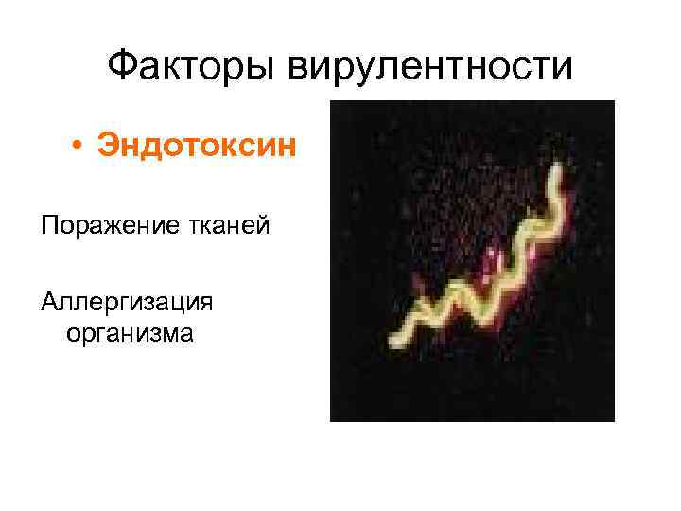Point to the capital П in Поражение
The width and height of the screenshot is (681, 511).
click(48, 226)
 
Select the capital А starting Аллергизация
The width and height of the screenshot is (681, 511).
click(48, 302)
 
